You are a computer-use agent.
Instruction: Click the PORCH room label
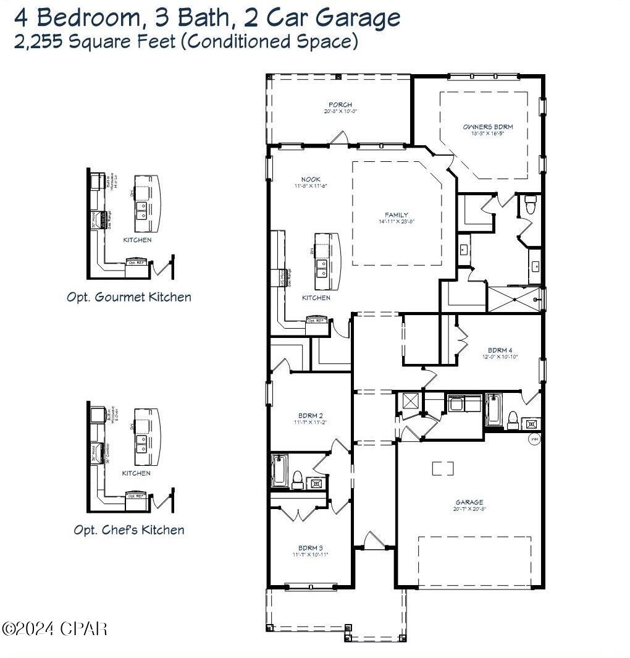click(x=340, y=105)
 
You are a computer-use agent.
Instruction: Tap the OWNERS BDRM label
click(x=488, y=127)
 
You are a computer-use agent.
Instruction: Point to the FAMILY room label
click(x=397, y=215)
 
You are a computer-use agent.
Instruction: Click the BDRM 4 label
click(x=500, y=350)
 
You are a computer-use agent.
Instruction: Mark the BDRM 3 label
click(x=310, y=548)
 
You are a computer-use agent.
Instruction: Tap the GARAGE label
click(x=470, y=502)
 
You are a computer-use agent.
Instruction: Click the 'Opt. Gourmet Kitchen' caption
click(x=129, y=297)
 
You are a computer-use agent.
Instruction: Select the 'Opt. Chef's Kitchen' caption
click(x=129, y=530)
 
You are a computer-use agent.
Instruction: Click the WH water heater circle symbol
click(x=534, y=440)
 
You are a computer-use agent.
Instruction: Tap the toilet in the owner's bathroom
click(x=530, y=204)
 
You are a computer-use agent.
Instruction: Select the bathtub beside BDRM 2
click(x=279, y=471)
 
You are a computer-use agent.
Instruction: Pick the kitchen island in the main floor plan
click(x=327, y=261)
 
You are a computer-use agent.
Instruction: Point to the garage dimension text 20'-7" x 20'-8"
click(x=470, y=510)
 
